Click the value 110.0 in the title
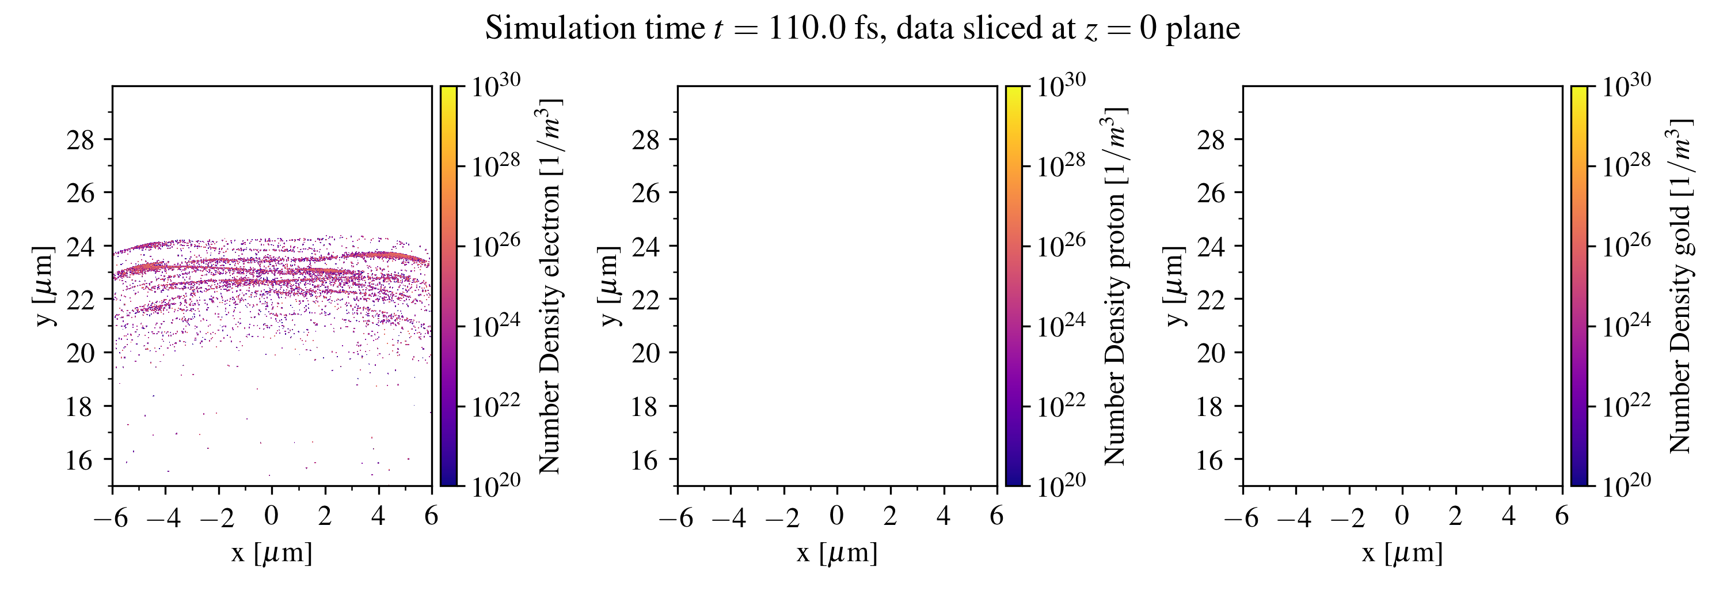click(806, 29)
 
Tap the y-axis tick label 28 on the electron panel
click(81, 139)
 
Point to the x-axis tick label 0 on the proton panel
click(836, 516)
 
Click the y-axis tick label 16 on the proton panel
click(646, 460)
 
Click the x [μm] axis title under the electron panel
click(272, 553)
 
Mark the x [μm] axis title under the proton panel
click(836, 553)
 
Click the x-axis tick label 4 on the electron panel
click(378, 516)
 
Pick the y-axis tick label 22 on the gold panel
click(1211, 299)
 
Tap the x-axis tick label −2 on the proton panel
click(782, 517)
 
